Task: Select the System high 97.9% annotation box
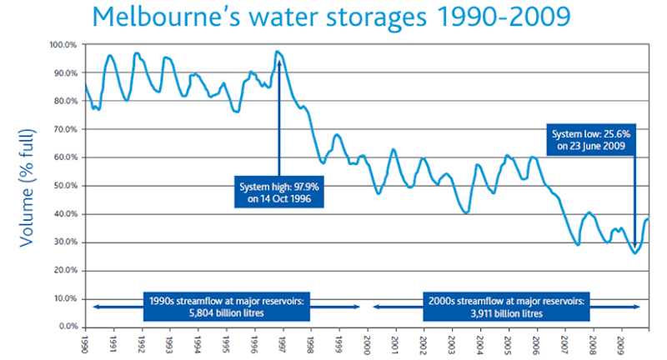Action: click(x=279, y=192)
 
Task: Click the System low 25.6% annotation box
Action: click(x=593, y=137)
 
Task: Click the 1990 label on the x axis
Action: click(x=85, y=342)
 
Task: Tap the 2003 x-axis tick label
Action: click(x=451, y=342)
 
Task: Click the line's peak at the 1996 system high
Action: click(x=278, y=52)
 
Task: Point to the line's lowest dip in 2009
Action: click(x=635, y=252)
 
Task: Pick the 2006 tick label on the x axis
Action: click(x=535, y=342)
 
